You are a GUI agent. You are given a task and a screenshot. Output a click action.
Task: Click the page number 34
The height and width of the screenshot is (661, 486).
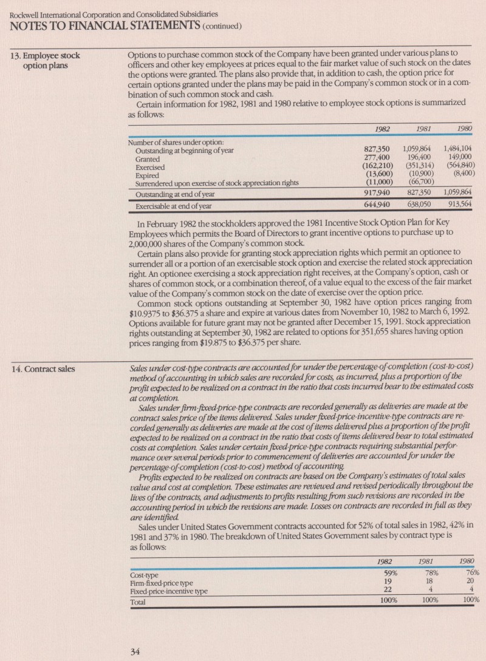[136, 652]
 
